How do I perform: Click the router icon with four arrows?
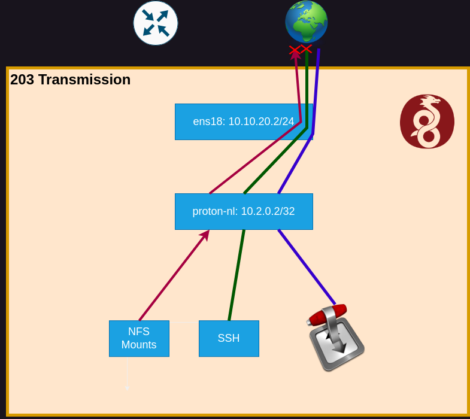156,23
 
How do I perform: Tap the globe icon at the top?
307,22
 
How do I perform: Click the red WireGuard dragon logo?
427,121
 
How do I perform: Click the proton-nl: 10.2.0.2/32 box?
244,211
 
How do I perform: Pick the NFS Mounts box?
139,338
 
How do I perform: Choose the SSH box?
229,338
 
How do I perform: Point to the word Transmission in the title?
84,80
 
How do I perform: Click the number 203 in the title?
22,80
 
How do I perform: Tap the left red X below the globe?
295,50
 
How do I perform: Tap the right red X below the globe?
306,48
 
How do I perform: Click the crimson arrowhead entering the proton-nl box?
205,235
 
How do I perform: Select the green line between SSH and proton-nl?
236,275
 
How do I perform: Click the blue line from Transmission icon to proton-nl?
307,266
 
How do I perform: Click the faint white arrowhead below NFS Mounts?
127,388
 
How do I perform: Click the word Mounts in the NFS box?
139,345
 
